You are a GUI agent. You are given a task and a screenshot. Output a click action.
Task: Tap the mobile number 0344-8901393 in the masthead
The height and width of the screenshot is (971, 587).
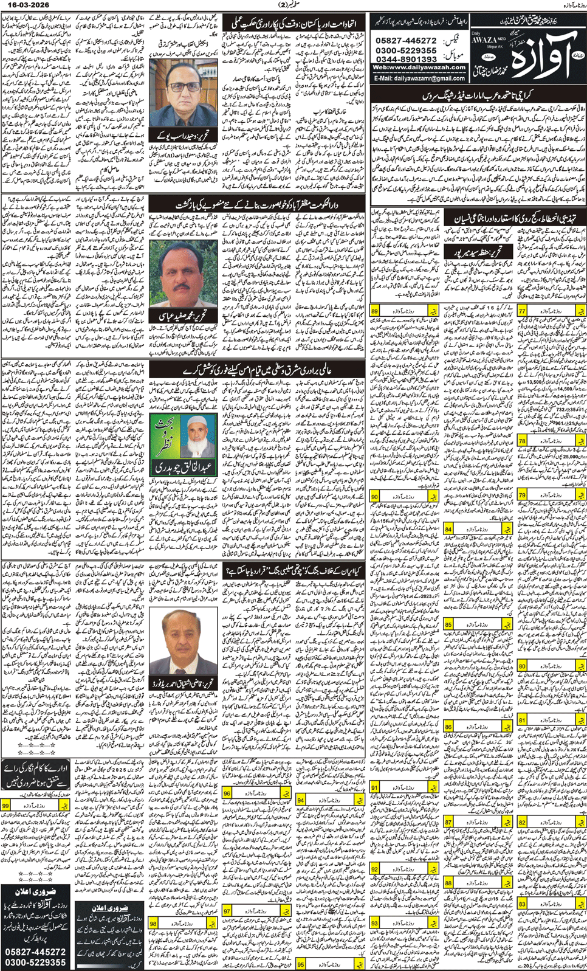point(407,59)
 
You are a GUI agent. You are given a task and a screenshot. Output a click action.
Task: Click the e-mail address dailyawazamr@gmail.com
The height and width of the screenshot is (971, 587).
point(419,78)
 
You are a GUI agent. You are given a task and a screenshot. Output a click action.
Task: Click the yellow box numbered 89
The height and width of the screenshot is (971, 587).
point(375,311)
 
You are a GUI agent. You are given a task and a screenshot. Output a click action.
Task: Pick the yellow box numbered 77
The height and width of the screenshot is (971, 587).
point(522,311)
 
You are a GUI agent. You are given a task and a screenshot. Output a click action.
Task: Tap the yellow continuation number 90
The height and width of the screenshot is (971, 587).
point(375,497)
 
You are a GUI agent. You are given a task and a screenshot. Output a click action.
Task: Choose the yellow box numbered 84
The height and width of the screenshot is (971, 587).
point(448,530)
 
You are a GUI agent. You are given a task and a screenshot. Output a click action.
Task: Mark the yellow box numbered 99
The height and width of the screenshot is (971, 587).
point(6,806)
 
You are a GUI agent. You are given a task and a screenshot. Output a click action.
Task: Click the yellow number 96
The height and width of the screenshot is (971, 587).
point(227,793)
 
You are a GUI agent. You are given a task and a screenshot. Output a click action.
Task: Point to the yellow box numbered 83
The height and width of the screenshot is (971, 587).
point(522,904)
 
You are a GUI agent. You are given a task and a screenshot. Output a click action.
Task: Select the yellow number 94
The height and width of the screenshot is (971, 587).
point(301,800)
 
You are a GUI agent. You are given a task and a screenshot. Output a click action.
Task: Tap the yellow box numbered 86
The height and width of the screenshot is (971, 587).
point(448,727)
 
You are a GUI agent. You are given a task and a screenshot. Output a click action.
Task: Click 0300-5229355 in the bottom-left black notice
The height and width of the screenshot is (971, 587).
point(35,962)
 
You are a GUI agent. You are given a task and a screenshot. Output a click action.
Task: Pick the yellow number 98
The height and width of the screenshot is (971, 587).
point(153,924)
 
